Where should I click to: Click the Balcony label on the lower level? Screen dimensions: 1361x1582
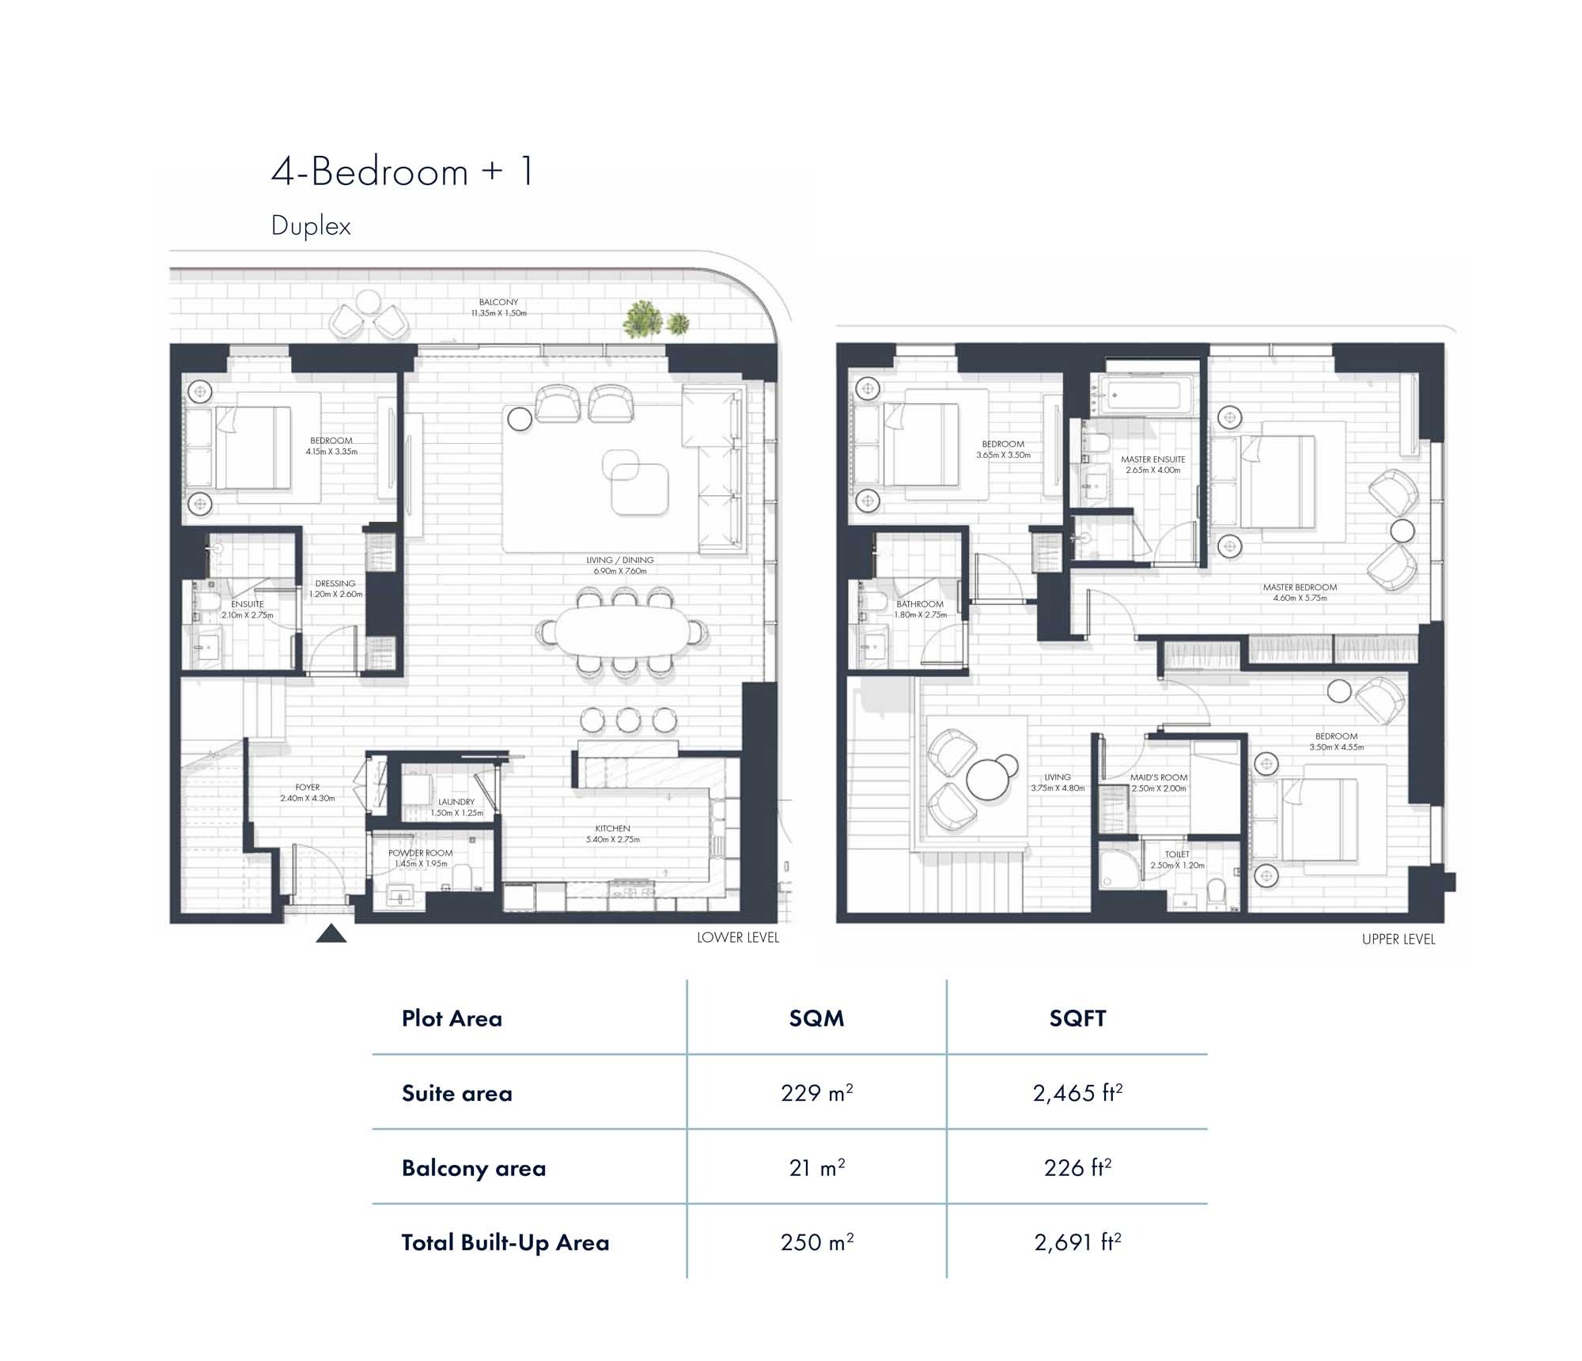pyautogui.click(x=498, y=302)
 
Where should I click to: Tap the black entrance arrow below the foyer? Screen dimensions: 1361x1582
pyautogui.click(x=331, y=934)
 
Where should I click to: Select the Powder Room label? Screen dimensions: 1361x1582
pyautogui.click(x=420, y=853)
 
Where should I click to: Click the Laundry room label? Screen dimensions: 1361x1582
pyautogui.click(x=456, y=802)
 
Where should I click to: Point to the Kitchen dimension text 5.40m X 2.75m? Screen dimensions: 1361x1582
pyautogui.click(x=612, y=840)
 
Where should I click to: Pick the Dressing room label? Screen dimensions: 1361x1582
pyautogui.click(x=335, y=584)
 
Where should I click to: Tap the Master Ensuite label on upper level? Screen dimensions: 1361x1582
pyautogui.click(x=1152, y=459)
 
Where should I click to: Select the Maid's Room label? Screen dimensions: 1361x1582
pyautogui.click(x=1158, y=777)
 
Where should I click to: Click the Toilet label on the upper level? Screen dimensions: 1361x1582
pyautogui.click(x=1177, y=854)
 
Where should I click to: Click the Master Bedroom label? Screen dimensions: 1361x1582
pyautogui.click(x=1300, y=588)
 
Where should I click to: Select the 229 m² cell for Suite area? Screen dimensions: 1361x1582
pyautogui.click(x=816, y=1093)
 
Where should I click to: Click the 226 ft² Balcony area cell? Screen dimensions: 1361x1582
pyautogui.click(x=1077, y=1168)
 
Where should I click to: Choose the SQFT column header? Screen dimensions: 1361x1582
pyautogui.click(x=1077, y=1019)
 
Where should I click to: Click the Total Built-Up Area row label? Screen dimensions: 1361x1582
pyautogui.click(x=505, y=1242)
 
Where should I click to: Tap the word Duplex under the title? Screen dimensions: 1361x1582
pyautogui.click(x=311, y=226)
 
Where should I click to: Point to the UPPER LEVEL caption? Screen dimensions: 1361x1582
pyautogui.click(x=1398, y=939)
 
